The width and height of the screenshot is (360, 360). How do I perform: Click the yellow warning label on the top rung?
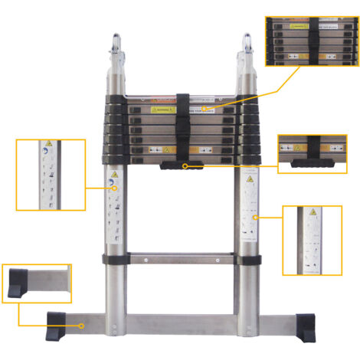156,110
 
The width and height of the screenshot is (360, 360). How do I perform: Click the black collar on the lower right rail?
250,256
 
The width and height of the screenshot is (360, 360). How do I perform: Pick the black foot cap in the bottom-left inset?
17,286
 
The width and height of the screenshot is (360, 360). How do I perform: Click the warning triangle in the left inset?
49,146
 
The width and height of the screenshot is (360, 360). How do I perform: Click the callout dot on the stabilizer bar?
81,325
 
